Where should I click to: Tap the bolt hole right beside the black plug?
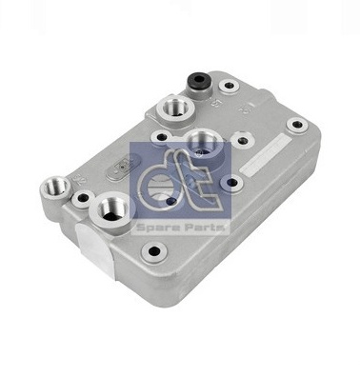tap(229, 86)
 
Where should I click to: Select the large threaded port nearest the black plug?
tap(175, 109)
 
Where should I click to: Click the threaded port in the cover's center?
tap(203, 145)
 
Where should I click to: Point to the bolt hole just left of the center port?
tap(162, 137)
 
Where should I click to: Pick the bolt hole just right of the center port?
tap(243, 140)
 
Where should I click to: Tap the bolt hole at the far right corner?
tap(297, 125)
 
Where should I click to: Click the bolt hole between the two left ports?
tap(83, 199)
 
